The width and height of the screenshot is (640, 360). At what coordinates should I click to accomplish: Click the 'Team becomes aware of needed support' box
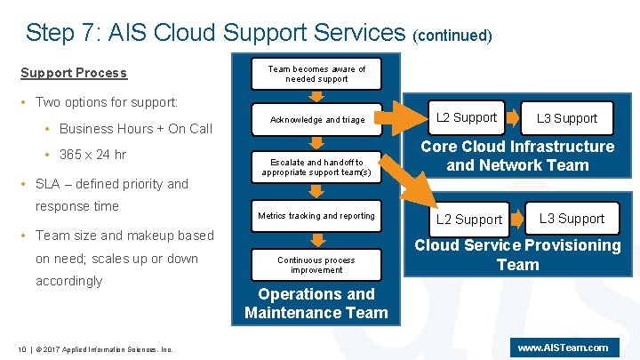click(317, 74)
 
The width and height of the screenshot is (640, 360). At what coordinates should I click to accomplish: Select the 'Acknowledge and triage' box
click(317, 119)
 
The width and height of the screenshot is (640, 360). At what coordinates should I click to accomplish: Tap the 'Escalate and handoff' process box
click(317, 167)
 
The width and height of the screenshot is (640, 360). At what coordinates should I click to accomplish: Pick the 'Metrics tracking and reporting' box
click(317, 216)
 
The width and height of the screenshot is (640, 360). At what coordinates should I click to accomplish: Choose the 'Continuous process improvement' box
click(317, 265)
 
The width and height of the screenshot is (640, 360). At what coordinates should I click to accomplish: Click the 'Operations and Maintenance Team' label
click(316, 303)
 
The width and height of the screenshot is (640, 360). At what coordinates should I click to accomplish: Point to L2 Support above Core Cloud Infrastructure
click(468, 118)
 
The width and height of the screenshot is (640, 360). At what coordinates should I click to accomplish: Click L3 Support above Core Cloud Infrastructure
click(567, 118)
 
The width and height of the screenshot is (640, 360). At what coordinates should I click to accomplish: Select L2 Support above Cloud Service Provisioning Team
click(468, 219)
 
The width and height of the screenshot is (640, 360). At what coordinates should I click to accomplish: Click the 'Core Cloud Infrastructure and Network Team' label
click(517, 156)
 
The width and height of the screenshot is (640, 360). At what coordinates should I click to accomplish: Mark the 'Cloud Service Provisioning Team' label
click(517, 255)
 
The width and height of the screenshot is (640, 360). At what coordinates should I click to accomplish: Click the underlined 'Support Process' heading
click(74, 73)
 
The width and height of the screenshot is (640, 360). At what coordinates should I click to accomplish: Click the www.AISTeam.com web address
click(563, 348)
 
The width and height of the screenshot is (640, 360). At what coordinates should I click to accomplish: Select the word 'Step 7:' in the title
click(62, 33)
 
